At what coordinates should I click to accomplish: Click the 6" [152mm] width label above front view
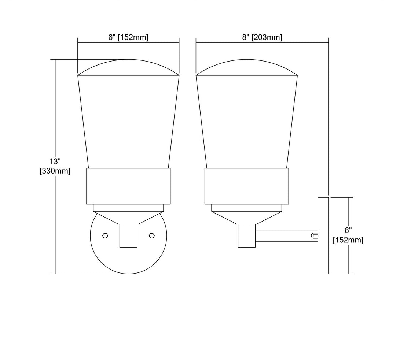[x=128, y=37]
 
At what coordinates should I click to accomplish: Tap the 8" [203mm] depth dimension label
[x=262, y=37]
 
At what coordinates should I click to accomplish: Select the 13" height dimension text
[x=55, y=161]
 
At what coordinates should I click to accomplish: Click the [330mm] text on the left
[x=55, y=171]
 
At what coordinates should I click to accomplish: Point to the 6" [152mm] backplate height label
[x=348, y=235]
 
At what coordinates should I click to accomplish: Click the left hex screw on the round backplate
[x=105, y=235]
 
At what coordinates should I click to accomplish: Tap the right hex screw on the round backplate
[x=151, y=235]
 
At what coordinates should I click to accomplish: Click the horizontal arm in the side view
[x=286, y=235]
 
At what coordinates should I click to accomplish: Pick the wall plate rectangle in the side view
[x=323, y=235]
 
